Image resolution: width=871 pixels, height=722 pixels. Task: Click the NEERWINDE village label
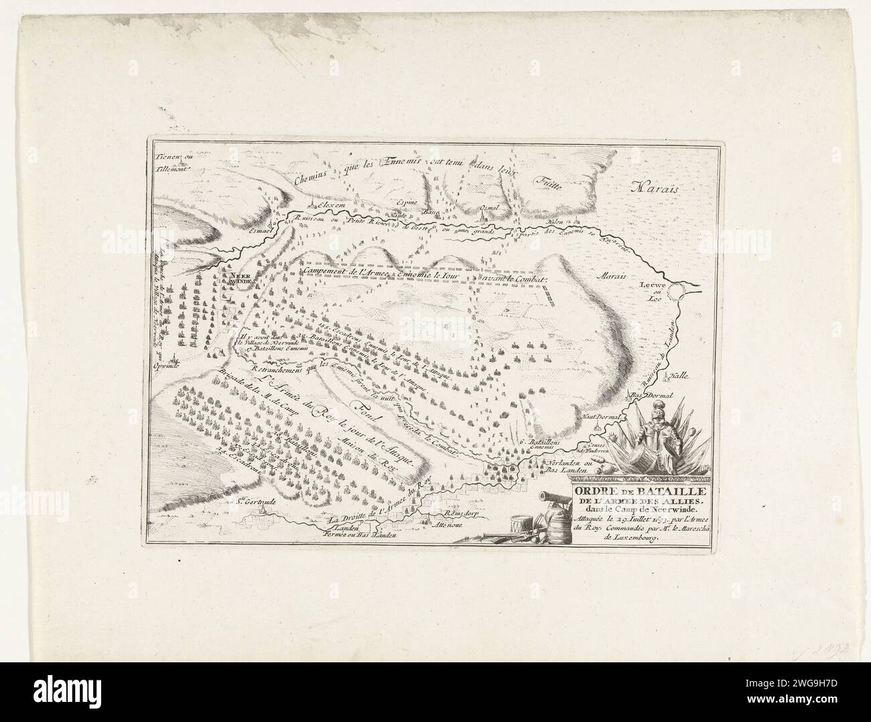click(240, 278)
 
